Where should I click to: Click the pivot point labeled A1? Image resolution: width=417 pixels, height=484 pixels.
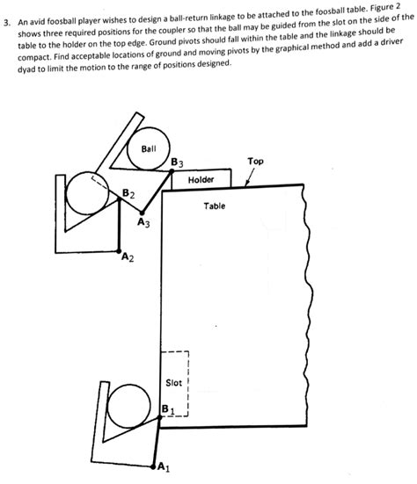click(153, 466)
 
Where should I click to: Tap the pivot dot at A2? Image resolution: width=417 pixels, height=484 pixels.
click(119, 251)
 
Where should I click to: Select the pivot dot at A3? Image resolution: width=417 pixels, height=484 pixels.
click(142, 213)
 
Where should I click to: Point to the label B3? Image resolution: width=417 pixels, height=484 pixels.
click(177, 163)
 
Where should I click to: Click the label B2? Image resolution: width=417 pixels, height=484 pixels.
click(128, 194)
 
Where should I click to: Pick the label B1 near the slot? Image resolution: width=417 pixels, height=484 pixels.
click(168, 409)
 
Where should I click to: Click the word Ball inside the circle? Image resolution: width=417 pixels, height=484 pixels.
click(149, 149)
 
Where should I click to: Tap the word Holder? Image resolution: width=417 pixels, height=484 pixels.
click(201, 180)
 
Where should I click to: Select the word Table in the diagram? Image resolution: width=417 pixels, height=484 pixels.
click(215, 206)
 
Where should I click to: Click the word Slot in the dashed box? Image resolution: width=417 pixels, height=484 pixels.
click(173, 383)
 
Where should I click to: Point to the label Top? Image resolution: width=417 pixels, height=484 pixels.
click(255, 161)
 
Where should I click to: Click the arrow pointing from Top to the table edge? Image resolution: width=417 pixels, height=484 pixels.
click(250, 177)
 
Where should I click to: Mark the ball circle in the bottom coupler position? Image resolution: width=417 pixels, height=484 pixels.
click(129, 406)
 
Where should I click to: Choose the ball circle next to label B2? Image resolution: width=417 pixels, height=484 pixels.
click(88, 193)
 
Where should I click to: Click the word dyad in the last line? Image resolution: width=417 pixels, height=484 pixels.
click(27, 69)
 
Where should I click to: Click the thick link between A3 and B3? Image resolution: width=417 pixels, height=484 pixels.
click(157, 192)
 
